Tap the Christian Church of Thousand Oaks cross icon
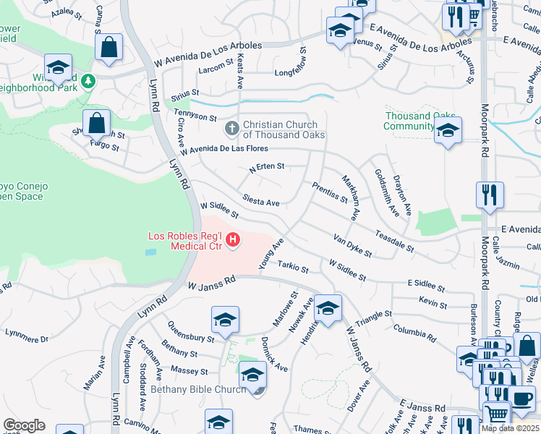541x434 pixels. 231,129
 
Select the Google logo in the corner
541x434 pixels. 24,425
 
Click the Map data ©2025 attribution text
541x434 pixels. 510,428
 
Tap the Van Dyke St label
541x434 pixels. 352,245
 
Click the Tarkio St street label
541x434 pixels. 293,266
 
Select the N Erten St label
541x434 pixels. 266,167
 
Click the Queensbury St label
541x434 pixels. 190,333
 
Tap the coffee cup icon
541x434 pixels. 521,397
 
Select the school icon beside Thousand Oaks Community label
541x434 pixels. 448,131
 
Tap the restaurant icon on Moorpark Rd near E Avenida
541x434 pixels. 490,194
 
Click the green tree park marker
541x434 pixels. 88,80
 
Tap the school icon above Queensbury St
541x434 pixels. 225,319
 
